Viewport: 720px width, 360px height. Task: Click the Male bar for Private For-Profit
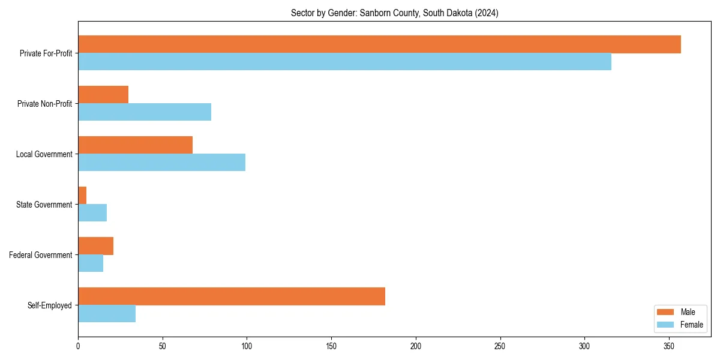click(379, 44)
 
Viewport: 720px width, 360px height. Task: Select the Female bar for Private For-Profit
click(344, 62)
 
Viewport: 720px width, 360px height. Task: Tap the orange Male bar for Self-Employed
click(232, 296)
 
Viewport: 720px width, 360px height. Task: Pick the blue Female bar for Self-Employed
click(107, 314)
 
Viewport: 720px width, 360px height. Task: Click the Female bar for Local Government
click(161, 163)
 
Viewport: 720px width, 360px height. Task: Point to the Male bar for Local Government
click(135, 145)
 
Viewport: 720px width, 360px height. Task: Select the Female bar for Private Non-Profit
click(145, 112)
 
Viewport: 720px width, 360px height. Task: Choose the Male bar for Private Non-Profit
click(103, 95)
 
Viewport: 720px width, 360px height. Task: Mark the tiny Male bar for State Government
click(82, 196)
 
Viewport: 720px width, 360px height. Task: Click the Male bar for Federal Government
click(95, 246)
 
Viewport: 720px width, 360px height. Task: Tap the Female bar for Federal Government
click(91, 263)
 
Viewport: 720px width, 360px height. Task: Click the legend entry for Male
click(678, 312)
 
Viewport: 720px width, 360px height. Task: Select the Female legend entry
click(680, 325)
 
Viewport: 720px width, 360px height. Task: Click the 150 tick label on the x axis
click(331, 346)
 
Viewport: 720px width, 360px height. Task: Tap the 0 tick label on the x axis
click(78, 346)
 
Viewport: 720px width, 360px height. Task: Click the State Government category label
click(44, 205)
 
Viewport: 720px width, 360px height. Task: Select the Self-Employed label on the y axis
click(49, 305)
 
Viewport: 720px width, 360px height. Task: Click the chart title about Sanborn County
click(394, 13)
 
